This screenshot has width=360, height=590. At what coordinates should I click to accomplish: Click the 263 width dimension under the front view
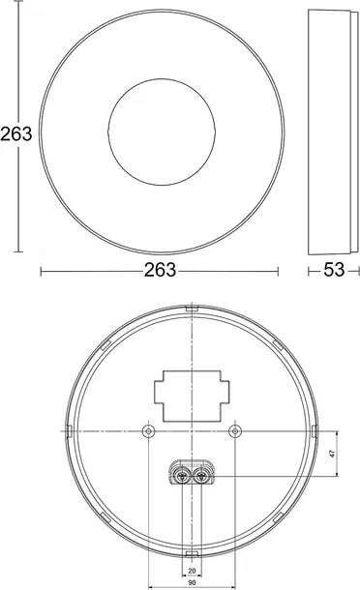pyautogui.click(x=159, y=271)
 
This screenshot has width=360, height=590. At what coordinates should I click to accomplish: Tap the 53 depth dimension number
pyautogui.click(x=333, y=271)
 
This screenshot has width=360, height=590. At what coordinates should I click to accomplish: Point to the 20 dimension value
pyautogui.click(x=192, y=571)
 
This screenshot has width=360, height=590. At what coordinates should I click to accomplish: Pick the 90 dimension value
pyautogui.click(x=192, y=583)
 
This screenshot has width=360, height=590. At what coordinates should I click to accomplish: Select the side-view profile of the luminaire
pyautogui.click(x=332, y=132)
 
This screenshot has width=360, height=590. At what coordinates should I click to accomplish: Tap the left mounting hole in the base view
pyautogui.click(x=147, y=430)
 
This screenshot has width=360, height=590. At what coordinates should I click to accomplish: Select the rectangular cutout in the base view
pyautogui.click(x=192, y=391)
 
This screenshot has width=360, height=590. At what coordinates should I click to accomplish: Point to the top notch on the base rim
pyautogui.click(x=192, y=310)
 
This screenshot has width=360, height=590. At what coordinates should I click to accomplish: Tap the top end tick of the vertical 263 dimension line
pyautogui.click(x=17, y=12)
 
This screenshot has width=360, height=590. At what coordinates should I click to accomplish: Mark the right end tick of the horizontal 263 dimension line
pyautogui.click(x=279, y=271)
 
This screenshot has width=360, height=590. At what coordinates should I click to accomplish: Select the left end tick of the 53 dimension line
pyautogui.click(x=309, y=271)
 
